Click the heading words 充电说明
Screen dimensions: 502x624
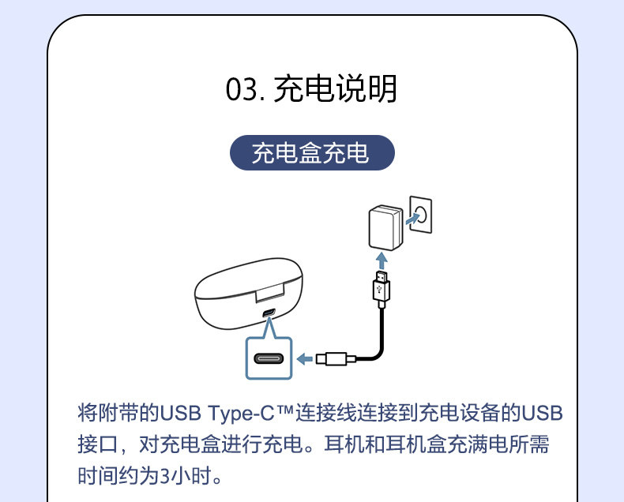[x=335, y=90]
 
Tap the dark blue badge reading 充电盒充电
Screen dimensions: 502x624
[x=311, y=153]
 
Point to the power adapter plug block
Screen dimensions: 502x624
[x=385, y=227]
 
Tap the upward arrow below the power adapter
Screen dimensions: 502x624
[x=382, y=260]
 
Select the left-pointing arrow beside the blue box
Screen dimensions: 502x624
[x=305, y=360]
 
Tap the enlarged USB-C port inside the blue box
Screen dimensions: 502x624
[x=268, y=360]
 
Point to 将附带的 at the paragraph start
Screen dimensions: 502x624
[x=118, y=413]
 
